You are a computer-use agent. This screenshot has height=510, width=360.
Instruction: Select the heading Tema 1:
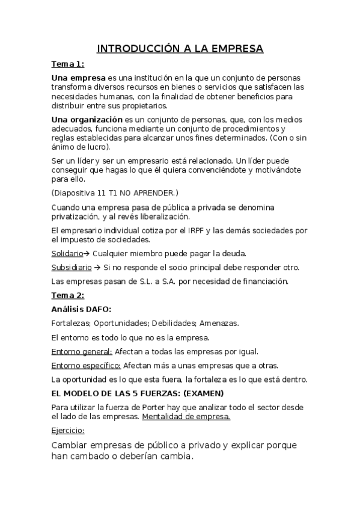pyautogui.click(x=67, y=64)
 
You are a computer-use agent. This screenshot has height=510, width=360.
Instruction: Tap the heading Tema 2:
pyautogui.click(x=67, y=295)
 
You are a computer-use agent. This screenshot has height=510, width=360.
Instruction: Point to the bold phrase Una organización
pyautogui.click(x=87, y=120)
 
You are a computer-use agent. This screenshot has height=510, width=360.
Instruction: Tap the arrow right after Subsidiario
pyautogui.click(x=97, y=267)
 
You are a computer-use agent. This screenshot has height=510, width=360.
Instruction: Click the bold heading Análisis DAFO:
pyautogui.click(x=81, y=309)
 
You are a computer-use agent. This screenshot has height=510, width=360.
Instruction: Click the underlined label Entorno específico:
pyautogui.click(x=86, y=365)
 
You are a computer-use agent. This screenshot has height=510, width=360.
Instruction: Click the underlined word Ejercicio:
pyautogui.click(x=68, y=431)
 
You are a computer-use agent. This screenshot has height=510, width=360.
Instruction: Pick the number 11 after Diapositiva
pyautogui.click(x=102, y=192)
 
